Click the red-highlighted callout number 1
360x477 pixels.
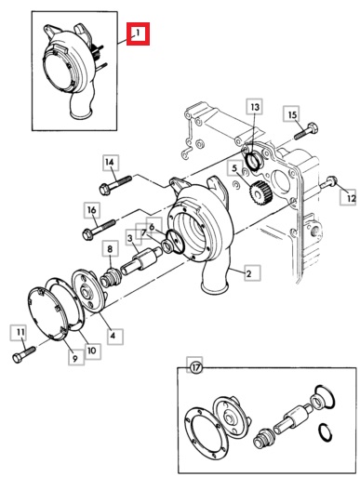[138, 33]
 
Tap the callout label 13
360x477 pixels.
[255, 107]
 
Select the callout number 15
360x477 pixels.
[292, 114]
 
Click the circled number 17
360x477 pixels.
[195, 368]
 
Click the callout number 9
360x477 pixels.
[75, 358]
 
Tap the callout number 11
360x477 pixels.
[20, 332]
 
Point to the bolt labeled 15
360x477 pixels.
[305, 131]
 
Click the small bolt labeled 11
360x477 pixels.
[24, 354]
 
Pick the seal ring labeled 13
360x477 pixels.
[254, 161]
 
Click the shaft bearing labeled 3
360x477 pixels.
[141, 259]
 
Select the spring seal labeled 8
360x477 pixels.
[111, 276]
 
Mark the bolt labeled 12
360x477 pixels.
[329, 182]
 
